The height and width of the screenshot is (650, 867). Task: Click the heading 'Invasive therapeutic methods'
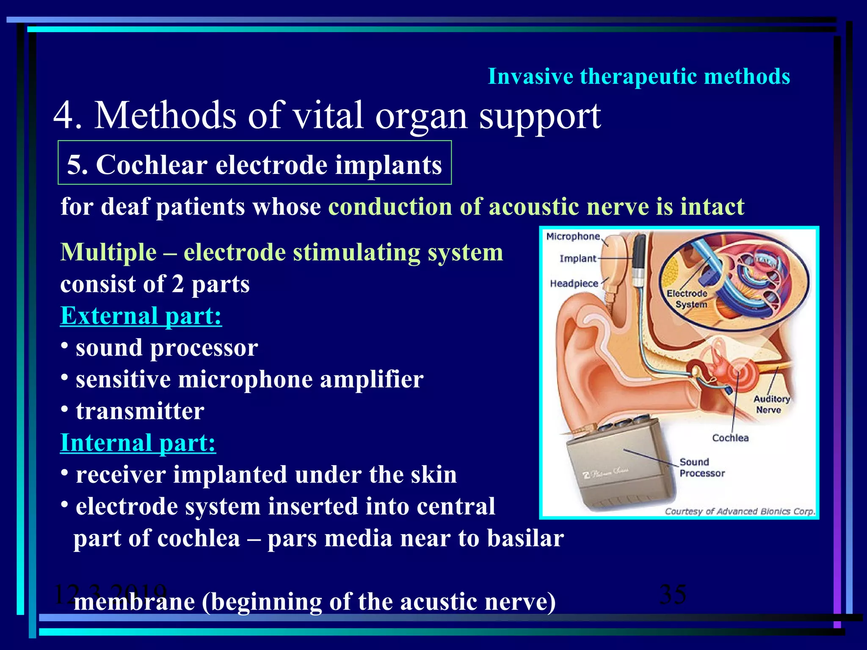pos(638,77)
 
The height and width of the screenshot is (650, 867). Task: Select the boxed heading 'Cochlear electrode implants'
pos(254,164)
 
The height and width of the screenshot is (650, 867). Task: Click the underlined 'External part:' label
pos(141,316)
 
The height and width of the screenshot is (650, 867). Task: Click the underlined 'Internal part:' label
pos(138,443)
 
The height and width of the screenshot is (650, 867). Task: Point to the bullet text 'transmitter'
pos(140,411)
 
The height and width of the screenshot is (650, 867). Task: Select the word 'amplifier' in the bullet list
pos(371,379)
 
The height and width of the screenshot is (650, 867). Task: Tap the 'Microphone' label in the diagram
pos(573,237)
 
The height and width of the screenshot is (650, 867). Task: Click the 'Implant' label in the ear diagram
pos(577,259)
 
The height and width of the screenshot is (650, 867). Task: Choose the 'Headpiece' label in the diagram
pos(574,284)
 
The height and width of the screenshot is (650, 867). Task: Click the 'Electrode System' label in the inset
pos(687,299)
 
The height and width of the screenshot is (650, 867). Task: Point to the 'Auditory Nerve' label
pos(771,404)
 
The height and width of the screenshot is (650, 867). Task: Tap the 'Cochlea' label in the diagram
pos(730,438)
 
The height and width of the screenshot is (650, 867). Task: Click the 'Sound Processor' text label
pos(701,468)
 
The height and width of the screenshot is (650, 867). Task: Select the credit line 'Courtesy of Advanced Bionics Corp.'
pos(739,511)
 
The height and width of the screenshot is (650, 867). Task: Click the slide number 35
pos(673,594)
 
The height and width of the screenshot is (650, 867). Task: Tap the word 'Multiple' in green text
pos(108,252)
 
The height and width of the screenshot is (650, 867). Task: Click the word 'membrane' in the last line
pos(134,602)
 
